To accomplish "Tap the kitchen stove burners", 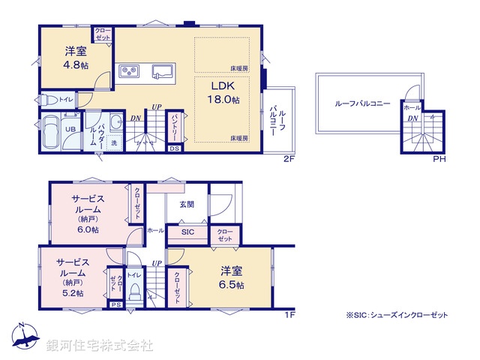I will pyautogui.click(x=128, y=72).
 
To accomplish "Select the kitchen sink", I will pyautogui.click(x=163, y=72).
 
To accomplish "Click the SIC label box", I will pyautogui.click(x=187, y=233).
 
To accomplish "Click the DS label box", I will pyautogui.click(x=174, y=148).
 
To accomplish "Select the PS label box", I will pyautogui.click(x=115, y=305).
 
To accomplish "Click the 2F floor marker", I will pyautogui.click(x=288, y=159).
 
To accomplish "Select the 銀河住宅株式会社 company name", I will pyautogui.click(x=100, y=346).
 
